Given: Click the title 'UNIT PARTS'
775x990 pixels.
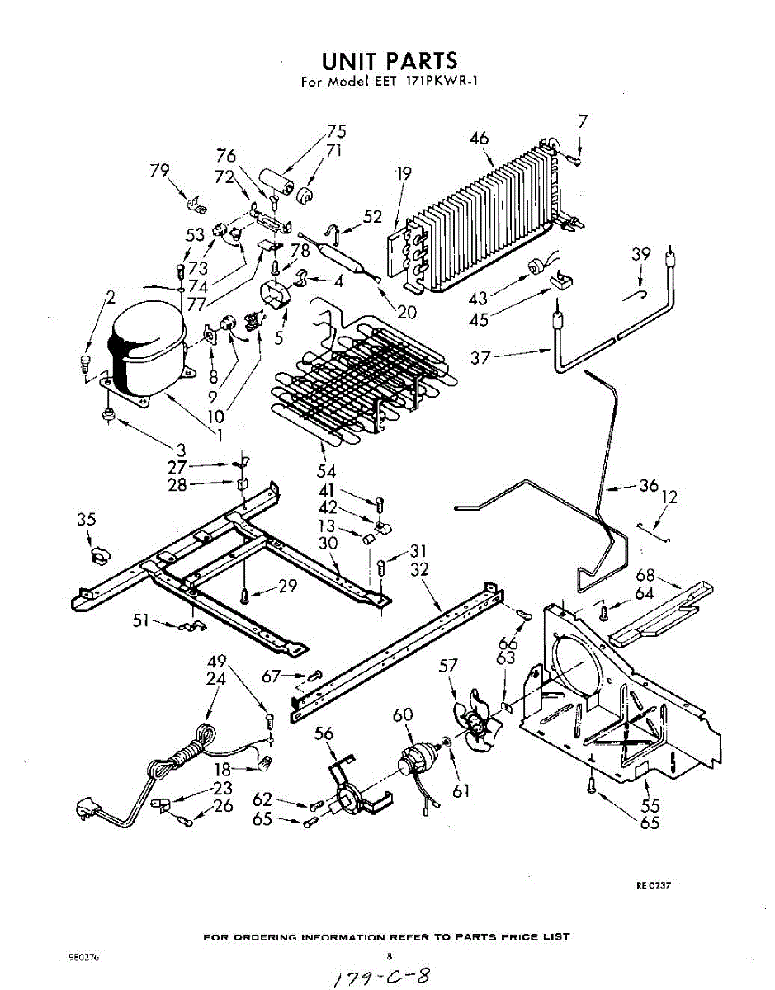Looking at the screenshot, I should (389, 61).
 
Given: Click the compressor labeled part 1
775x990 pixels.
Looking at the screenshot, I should (146, 351).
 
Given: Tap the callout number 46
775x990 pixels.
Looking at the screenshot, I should (480, 139).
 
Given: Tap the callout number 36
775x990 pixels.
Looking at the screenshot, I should (648, 486).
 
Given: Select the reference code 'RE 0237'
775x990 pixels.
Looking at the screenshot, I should (653, 885).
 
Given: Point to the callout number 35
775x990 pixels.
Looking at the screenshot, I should (87, 520).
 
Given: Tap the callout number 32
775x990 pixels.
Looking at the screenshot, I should (418, 568).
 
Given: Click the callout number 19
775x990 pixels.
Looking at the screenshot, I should (403, 174).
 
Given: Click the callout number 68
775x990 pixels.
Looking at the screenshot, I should (645, 575).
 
